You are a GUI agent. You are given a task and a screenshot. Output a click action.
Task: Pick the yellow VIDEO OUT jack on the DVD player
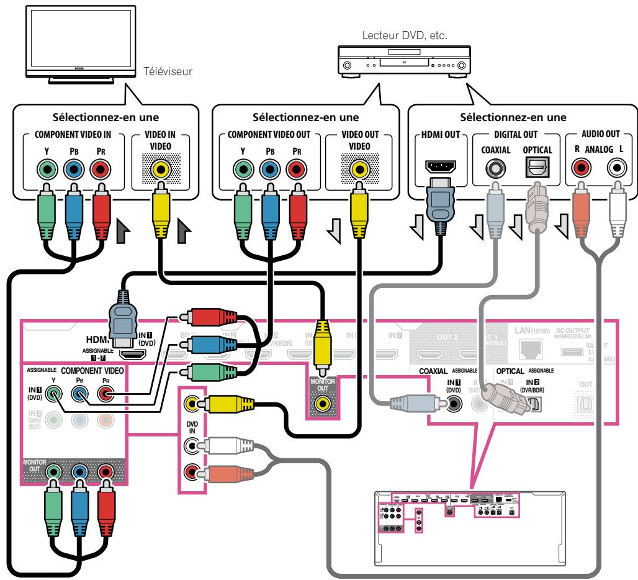[357, 168]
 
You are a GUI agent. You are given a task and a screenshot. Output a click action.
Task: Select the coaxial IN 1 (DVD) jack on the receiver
[456, 404]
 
